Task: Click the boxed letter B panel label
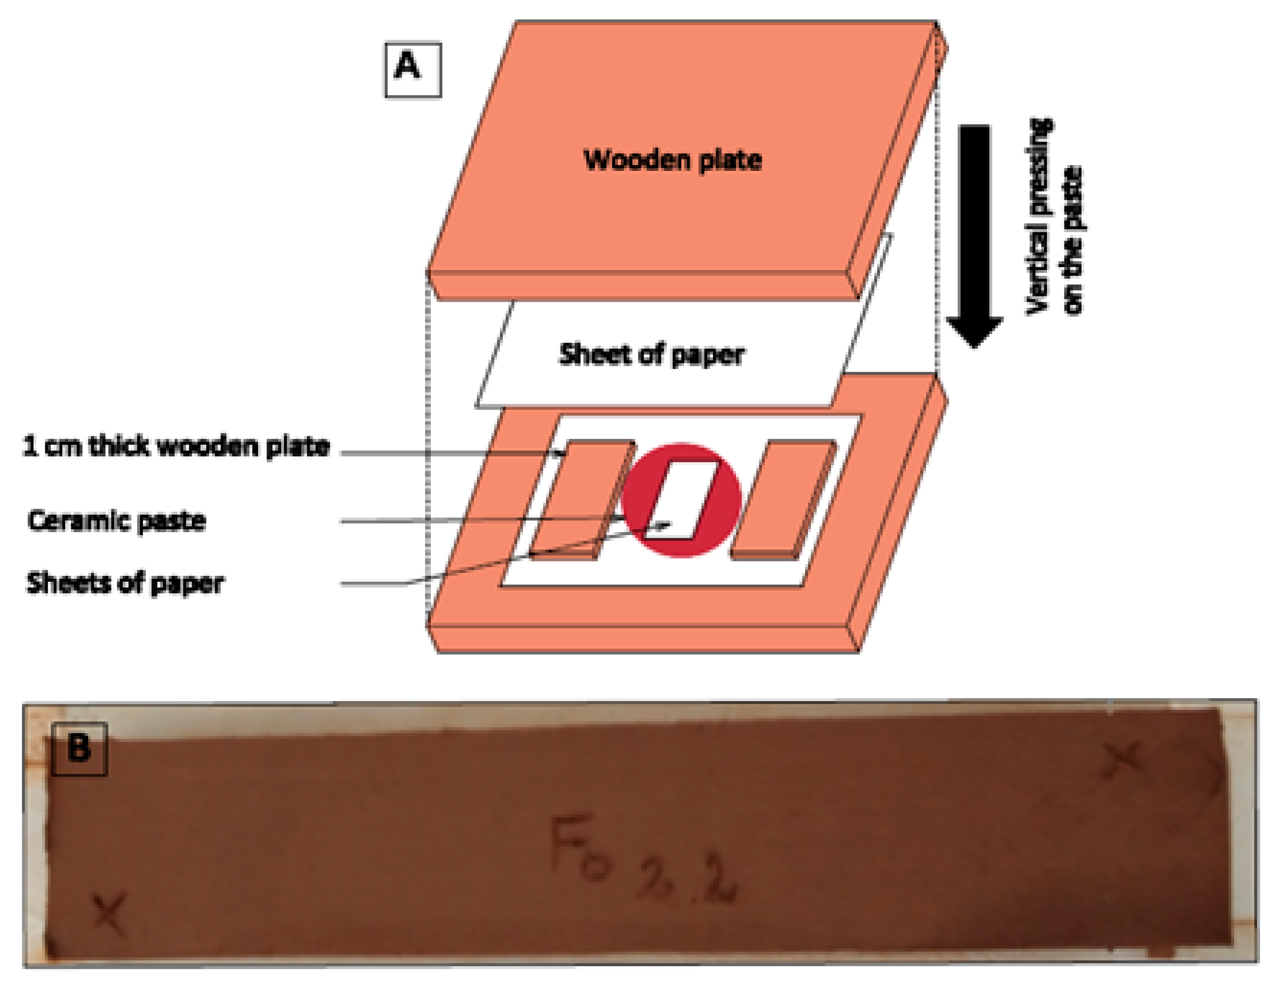(79, 749)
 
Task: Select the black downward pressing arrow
(974, 233)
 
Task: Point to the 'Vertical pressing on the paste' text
(1054, 217)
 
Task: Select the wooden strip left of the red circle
(583, 498)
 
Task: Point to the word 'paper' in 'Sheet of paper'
(708, 355)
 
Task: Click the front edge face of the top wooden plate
(641, 286)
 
